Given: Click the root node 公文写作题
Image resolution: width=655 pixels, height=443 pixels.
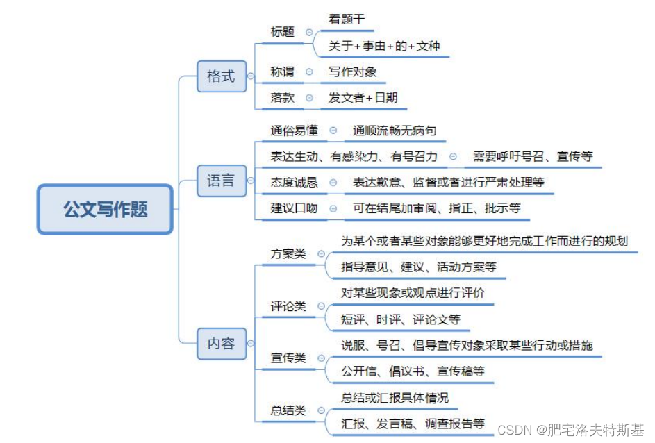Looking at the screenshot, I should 105,209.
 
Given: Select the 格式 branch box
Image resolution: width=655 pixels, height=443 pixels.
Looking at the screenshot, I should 221,76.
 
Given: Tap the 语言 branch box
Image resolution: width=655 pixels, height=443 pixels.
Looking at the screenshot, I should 221,181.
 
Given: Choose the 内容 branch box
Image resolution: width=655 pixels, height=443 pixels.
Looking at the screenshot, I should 221,343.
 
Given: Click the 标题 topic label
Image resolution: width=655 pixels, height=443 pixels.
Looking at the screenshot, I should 283,32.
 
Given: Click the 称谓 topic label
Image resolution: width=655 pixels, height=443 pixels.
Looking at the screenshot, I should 283,72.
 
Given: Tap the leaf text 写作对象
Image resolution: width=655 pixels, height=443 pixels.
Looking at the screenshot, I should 353,72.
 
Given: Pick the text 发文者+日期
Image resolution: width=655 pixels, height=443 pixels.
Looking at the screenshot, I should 363,98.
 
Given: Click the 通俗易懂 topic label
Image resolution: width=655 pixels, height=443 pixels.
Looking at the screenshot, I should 295,130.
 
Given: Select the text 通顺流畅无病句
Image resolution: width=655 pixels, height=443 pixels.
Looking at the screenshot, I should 395,130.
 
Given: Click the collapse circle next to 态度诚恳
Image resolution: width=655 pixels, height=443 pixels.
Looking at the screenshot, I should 333,183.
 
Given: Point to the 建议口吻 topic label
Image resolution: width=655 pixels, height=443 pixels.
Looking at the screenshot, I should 295,208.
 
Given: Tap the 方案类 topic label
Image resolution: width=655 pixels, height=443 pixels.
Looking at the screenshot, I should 288,253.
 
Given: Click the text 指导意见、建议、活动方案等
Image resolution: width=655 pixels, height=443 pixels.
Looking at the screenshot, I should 419,267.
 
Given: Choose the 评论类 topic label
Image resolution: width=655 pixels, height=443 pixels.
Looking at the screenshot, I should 288,306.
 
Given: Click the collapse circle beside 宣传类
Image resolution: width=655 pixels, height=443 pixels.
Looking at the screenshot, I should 321,358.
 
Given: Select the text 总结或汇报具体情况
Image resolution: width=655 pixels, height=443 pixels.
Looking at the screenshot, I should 395,398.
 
